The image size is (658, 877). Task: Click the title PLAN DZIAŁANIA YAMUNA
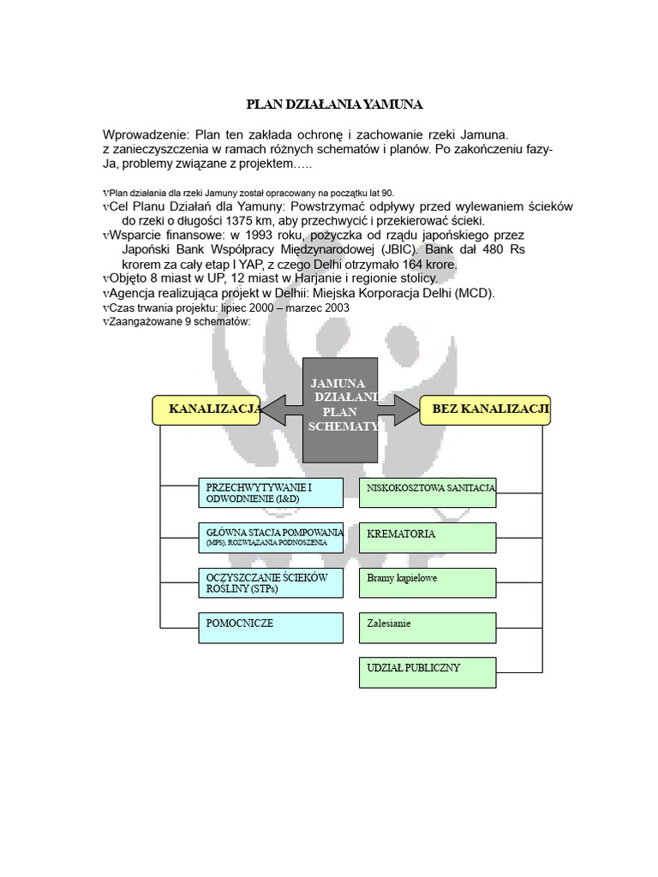click(x=335, y=104)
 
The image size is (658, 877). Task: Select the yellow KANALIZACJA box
click(x=207, y=410)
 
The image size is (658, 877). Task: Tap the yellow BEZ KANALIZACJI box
click(x=486, y=410)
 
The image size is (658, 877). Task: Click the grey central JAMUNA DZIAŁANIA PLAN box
click(x=340, y=409)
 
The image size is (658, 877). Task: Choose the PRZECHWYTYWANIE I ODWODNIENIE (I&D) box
click(x=270, y=492)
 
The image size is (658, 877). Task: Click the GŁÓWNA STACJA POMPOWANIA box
click(x=270, y=537)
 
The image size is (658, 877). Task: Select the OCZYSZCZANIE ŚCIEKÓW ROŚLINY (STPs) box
click(x=270, y=583)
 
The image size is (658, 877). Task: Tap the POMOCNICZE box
click(x=270, y=627)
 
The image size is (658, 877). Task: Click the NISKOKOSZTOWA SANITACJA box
click(x=428, y=492)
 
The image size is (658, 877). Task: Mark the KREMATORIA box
click(x=428, y=537)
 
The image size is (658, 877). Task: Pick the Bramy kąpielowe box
click(x=428, y=582)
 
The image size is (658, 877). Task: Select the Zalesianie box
click(x=428, y=627)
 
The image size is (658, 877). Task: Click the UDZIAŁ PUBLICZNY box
click(x=428, y=671)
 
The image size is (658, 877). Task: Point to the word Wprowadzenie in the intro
click(x=142, y=134)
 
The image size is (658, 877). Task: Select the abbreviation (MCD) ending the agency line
click(x=476, y=293)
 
